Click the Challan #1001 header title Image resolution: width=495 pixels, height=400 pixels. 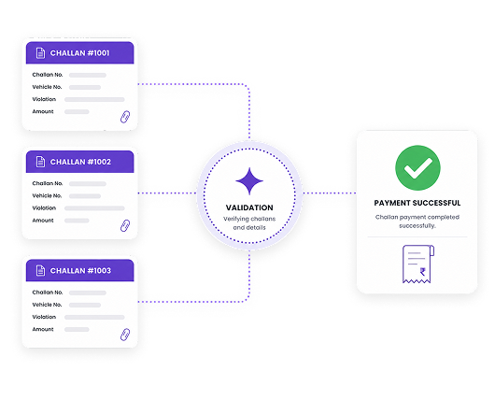79,53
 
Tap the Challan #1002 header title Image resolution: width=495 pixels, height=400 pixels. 80,162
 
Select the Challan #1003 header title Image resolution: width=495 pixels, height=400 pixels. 80,271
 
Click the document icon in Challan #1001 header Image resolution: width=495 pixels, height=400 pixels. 40,53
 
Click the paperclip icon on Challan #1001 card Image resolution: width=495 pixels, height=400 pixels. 125,117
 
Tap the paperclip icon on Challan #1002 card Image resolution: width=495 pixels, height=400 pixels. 125,225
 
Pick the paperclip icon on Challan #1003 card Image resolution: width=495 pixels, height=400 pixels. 125,335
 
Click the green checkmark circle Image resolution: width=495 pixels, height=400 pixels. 417,168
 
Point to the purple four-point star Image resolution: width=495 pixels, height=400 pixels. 249,181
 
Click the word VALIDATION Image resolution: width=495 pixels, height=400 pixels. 249,207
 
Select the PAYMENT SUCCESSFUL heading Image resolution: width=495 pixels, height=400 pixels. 417,203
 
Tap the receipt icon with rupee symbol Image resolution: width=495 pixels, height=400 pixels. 418,264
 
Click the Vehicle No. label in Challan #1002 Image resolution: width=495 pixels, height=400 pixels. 47,196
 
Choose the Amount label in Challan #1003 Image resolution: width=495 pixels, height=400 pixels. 43,329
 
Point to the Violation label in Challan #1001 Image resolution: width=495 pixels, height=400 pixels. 44,99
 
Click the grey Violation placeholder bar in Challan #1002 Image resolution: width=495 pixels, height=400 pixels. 94,208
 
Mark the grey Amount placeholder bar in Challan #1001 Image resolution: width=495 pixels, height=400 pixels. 77,111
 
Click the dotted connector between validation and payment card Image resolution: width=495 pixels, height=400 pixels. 330,193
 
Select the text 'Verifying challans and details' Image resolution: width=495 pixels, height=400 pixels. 249,223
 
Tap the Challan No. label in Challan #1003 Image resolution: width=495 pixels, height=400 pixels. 48,293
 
